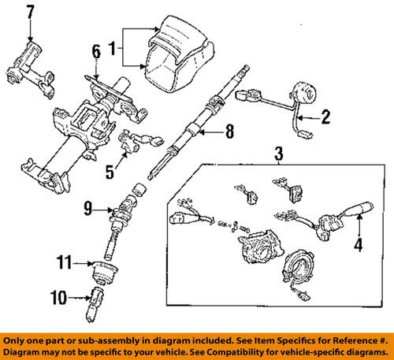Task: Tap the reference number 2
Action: click(324, 118)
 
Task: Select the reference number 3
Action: click(277, 153)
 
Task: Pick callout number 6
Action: click(95, 52)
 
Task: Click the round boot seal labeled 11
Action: click(103, 275)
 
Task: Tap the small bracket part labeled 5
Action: click(133, 146)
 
